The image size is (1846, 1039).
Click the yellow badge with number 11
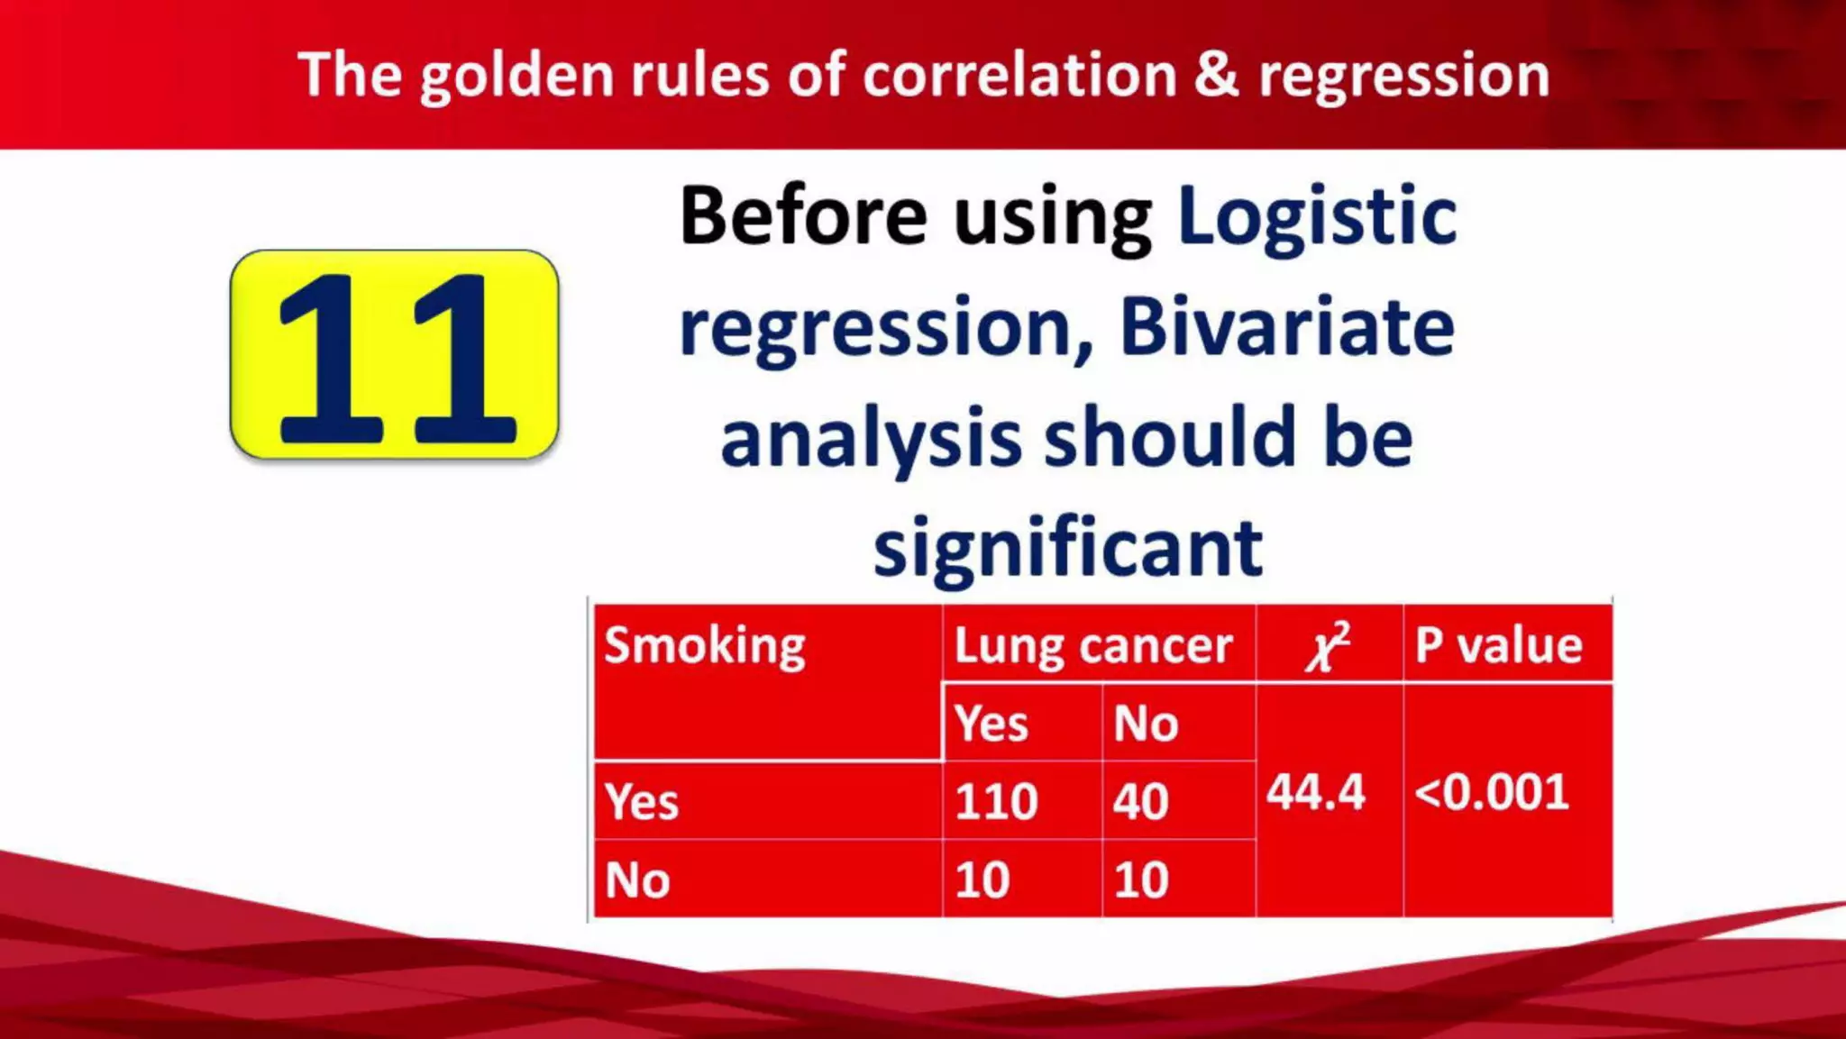[x=394, y=355]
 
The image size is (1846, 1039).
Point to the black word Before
[x=802, y=216]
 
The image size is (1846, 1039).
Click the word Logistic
[x=1317, y=216]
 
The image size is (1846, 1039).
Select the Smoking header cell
[x=705, y=645]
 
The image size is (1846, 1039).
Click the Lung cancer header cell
[x=1092, y=645]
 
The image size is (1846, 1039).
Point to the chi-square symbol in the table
[x=1328, y=645]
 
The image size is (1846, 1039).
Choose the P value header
[x=1498, y=645]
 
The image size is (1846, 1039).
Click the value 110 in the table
[x=996, y=801]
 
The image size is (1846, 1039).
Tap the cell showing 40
[x=1140, y=801]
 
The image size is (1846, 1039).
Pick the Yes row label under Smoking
[x=642, y=801]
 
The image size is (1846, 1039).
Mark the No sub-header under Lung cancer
[x=1146, y=723]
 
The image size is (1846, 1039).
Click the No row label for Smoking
[x=638, y=880]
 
